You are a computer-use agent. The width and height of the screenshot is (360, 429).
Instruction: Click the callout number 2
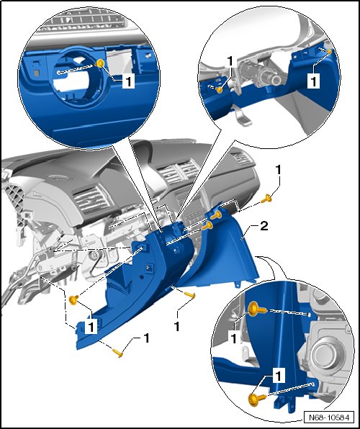pos(264,226)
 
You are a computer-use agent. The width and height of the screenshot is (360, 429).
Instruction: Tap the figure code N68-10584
pos(329,417)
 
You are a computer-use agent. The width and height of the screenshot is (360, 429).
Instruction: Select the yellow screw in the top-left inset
pos(100,63)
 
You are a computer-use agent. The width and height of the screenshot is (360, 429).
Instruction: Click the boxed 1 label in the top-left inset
pos(128,82)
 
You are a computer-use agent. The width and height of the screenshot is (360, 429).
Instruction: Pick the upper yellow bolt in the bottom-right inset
pos(257,310)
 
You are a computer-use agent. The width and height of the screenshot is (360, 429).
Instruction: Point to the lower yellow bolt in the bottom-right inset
pos(257,398)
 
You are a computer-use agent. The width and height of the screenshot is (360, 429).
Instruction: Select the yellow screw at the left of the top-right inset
pos(219,89)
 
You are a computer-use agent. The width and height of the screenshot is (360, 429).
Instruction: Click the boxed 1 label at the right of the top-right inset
pos(313,81)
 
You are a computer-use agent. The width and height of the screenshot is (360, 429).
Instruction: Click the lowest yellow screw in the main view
pos(117,353)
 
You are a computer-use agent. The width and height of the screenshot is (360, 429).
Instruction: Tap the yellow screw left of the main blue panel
pos(73,300)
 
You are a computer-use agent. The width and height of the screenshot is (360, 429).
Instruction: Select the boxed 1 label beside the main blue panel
pos(91,326)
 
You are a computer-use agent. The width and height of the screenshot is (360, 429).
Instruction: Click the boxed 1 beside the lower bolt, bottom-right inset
pos(279,376)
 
